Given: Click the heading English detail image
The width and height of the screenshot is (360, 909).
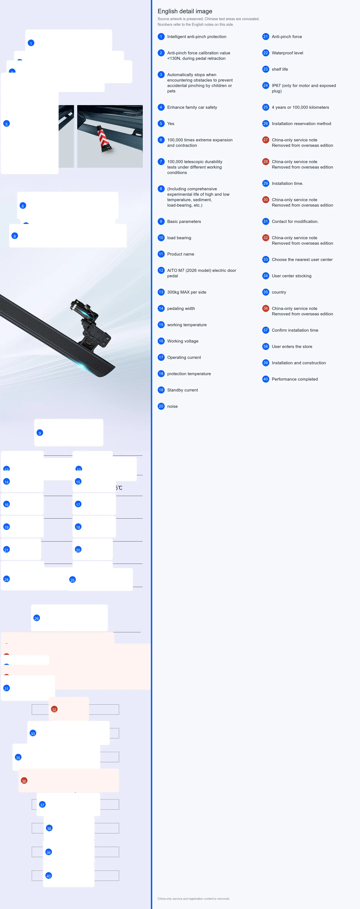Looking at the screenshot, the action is [185, 11].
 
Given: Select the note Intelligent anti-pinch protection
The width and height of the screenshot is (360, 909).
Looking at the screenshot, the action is [197, 37].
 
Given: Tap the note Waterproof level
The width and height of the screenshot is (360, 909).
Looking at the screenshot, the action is [287, 53].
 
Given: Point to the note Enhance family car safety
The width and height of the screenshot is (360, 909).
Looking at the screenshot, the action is [192, 107].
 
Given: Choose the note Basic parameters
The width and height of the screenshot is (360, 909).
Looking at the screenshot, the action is [184, 222].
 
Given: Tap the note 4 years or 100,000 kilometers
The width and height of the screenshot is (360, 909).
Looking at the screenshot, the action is [300, 107].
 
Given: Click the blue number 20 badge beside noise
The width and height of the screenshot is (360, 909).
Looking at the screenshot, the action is [161, 406].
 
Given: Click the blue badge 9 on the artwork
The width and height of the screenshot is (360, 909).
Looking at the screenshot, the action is [40, 433].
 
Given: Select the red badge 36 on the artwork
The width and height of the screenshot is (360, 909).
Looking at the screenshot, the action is [24, 781].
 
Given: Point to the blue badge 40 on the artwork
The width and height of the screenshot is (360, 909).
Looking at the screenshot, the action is [49, 876].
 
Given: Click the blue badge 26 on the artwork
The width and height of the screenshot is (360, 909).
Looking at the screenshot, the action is [37, 618].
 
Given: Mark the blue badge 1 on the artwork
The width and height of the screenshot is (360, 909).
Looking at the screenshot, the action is [31, 43].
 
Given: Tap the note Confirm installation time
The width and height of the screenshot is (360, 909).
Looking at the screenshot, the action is [295, 330].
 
